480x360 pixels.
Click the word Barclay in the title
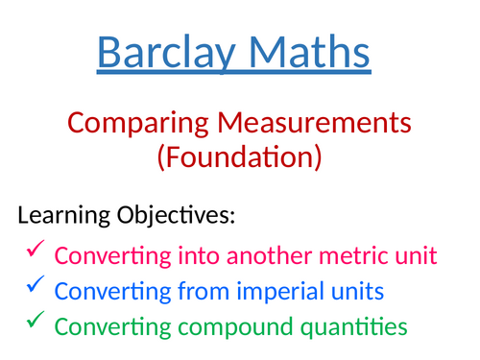click(x=163, y=52)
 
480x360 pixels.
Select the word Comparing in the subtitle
click(x=127, y=123)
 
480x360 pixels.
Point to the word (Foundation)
click(x=239, y=156)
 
